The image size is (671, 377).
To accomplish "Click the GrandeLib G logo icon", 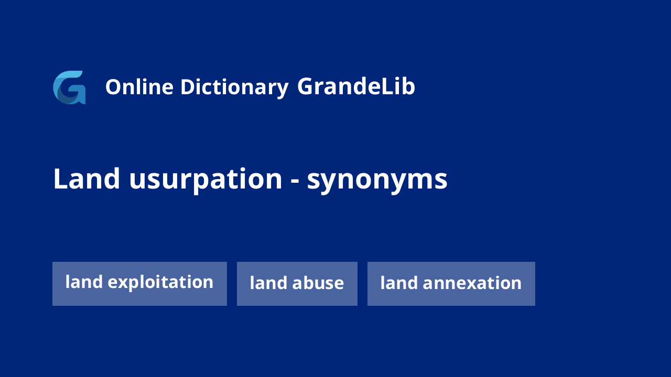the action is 69,87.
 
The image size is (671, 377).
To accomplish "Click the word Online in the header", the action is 139,87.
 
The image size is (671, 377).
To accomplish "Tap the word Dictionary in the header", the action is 234,88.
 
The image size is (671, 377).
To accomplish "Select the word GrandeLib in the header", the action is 356,86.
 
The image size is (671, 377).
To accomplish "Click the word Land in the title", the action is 86,179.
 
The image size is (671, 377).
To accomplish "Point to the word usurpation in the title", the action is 206,181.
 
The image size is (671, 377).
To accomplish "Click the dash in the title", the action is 295,182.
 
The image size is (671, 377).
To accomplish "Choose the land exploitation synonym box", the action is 139,284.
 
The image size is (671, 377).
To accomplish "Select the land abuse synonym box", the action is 297,284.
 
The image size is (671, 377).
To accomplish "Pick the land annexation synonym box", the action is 451,284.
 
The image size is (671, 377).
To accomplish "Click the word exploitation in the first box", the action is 160,282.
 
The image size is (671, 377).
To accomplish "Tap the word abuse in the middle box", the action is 318,283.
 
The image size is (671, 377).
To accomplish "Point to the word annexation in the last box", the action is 472,283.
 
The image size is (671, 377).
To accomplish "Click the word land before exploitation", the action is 84,282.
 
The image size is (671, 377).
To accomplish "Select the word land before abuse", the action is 269,283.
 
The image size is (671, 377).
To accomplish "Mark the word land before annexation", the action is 399,283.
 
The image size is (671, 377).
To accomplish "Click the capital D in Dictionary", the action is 188,87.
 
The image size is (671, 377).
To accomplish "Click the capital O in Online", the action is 114,87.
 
